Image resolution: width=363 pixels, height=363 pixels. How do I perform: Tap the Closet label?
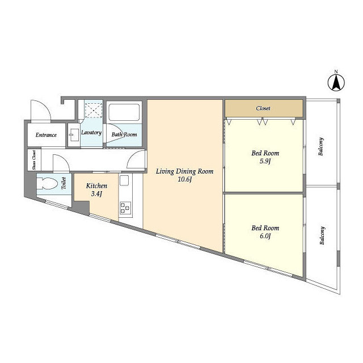point(263,108)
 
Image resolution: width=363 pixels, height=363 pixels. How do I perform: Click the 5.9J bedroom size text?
point(265,161)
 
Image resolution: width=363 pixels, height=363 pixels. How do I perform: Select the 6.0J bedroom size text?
point(265,236)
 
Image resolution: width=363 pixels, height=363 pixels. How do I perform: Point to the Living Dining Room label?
point(184,171)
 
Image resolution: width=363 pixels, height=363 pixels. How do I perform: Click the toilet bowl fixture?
point(48,184)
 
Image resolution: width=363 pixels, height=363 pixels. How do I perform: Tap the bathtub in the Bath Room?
point(124,112)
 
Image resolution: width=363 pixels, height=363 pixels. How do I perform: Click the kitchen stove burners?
point(125,208)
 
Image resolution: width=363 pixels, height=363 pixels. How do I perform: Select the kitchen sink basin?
point(124,180)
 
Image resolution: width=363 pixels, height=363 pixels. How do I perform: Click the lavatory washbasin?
point(74,135)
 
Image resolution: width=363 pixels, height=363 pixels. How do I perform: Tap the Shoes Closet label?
point(34,160)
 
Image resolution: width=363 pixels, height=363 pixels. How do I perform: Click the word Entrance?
point(46,135)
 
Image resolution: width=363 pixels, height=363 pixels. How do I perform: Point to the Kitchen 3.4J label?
point(96,189)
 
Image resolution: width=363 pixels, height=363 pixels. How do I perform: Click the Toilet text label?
point(64,183)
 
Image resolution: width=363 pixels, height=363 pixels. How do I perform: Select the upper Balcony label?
point(321,146)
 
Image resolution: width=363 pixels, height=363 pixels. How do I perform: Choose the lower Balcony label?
point(322,235)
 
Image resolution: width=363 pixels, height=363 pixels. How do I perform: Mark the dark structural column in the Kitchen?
point(82,207)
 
